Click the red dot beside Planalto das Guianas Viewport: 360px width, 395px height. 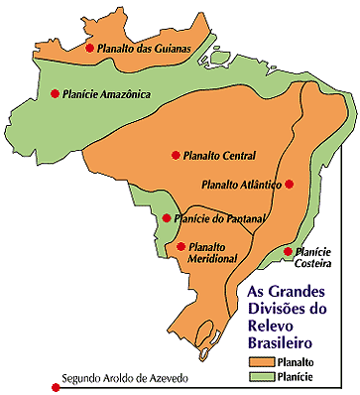tap(90, 48)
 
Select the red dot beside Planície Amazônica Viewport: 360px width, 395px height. tap(55, 93)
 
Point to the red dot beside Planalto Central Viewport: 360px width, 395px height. tap(176, 155)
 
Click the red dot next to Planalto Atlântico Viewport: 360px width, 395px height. tap(289, 184)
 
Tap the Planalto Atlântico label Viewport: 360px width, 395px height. tap(241, 184)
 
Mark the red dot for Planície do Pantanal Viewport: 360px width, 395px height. tap(167, 218)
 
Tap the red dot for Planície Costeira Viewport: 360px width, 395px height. tap(289, 252)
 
